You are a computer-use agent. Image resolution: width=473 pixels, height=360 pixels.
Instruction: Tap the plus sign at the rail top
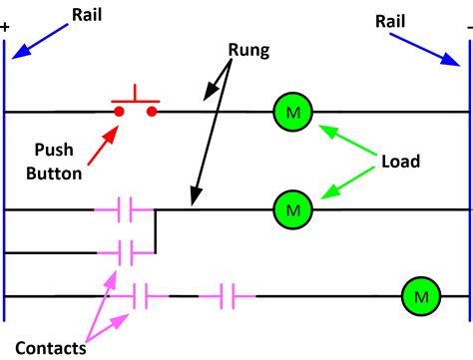[6, 27]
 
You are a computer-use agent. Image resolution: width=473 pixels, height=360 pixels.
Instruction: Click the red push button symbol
[136, 106]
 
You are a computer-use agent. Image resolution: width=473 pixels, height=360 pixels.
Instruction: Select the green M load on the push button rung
[291, 112]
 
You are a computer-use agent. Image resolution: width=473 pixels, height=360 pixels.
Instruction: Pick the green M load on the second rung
[291, 209]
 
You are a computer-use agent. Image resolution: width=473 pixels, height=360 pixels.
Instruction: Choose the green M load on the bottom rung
[420, 296]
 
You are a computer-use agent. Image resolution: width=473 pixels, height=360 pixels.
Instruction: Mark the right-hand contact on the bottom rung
[227, 296]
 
